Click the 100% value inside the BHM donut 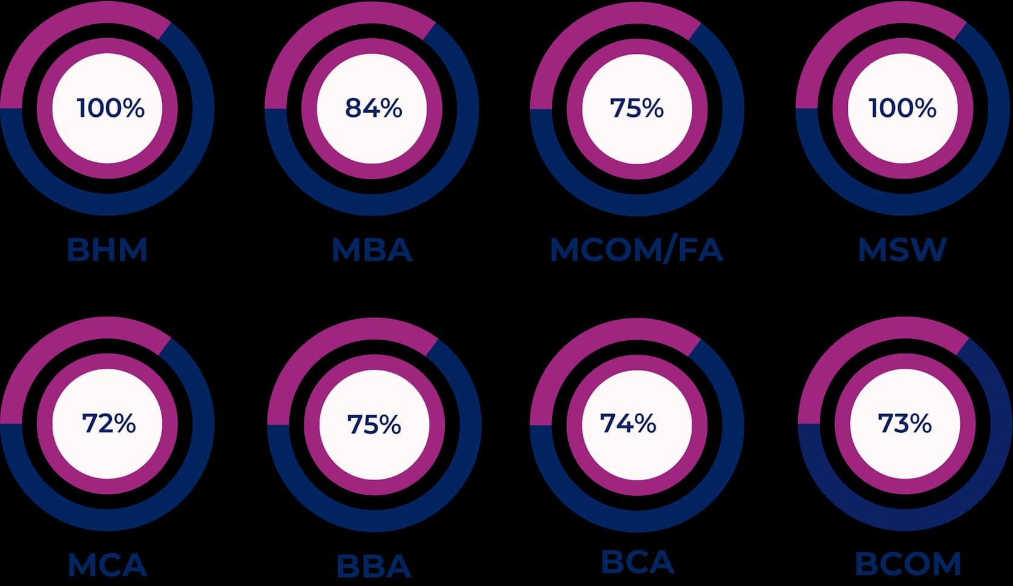[110, 108]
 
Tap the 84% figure [373, 108]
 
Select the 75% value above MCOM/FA [637, 108]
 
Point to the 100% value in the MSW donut [902, 108]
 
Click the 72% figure [109, 423]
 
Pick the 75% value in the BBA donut [374, 425]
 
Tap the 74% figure [628, 423]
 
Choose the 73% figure [905, 423]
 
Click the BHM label [107, 250]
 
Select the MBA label [372, 250]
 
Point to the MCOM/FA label [637, 250]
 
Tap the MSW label [902, 250]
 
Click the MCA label [107, 565]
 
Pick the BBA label [374, 567]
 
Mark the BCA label [637, 562]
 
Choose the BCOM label [908, 564]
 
